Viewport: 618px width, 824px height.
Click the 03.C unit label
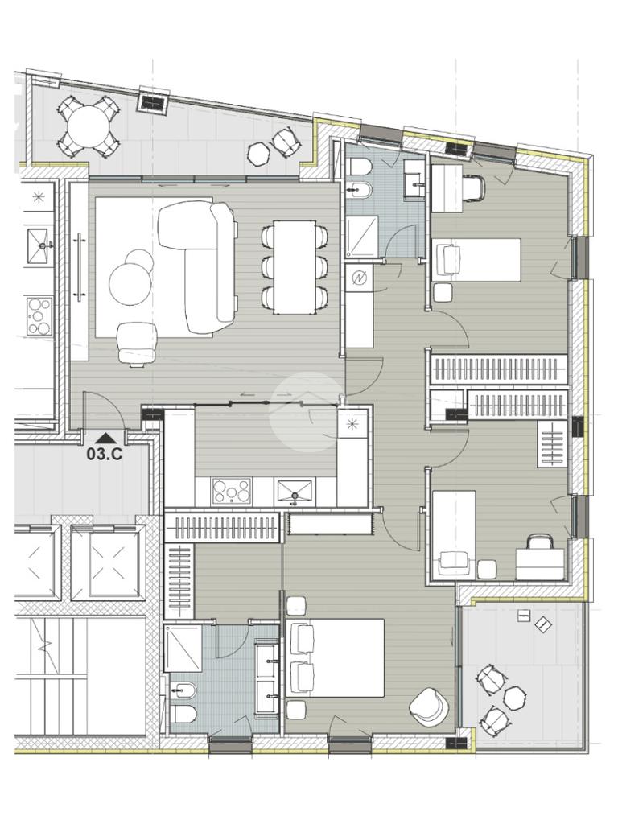click(105, 455)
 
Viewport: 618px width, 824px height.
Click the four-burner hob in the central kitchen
click(231, 491)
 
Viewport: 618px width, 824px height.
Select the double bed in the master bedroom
click(336, 657)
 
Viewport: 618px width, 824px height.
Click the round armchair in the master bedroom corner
click(429, 707)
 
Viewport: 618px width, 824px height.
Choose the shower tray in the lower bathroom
click(183, 648)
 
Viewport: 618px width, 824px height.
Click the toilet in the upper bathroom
click(360, 167)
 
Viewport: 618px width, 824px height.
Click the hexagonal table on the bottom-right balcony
click(515, 697)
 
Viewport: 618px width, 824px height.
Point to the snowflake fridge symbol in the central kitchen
click(352, 423)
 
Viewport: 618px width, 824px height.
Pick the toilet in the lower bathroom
click(184, 713)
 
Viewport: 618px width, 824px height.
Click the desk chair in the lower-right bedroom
click(541, 544)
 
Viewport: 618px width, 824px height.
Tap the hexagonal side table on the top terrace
click(259, 154)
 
